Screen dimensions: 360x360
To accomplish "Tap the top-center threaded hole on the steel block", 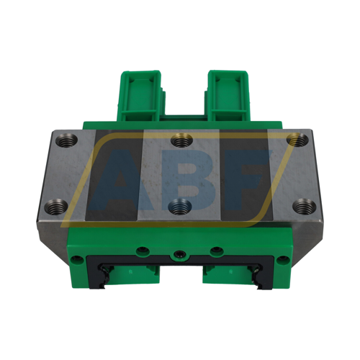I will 179,140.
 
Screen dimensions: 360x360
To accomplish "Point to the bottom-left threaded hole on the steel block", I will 52,209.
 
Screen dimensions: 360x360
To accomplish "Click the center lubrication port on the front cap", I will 179,254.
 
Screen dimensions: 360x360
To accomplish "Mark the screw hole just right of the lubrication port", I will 214,252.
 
